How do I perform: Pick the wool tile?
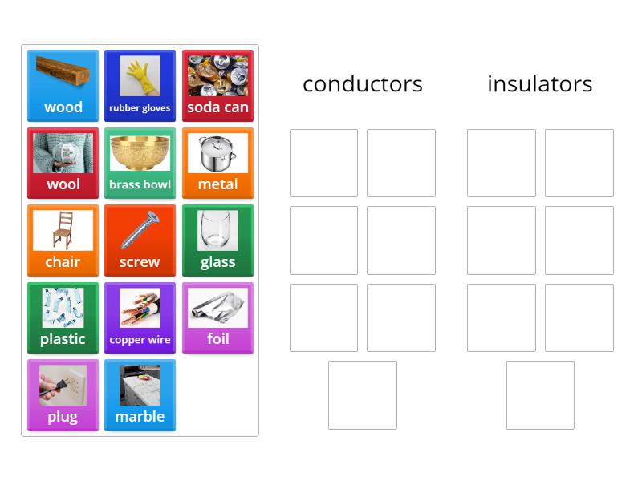(x=63, y=163)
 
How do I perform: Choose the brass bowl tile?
(x=140, y=163)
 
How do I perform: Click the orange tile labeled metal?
(x=217, y=163)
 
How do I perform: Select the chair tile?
(x=63, y=240)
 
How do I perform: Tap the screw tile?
(x=140, y=240)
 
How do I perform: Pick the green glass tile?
(x=217, y=240)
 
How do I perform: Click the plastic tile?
(x=63, y=317)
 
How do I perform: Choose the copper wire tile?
(x=140, y=317)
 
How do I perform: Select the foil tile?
(x=217, y=317)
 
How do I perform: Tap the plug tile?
(x=63, y=395)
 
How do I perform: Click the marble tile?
(x=140, y=395)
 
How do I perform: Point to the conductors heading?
(x=363, y=84)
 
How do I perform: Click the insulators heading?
(x=540, y=84)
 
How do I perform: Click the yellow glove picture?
(x=140, y=75)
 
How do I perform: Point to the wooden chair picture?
(x=63, y=230)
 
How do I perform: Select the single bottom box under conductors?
(x=363, y=395)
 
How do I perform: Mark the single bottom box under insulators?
(x=540, y=395)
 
